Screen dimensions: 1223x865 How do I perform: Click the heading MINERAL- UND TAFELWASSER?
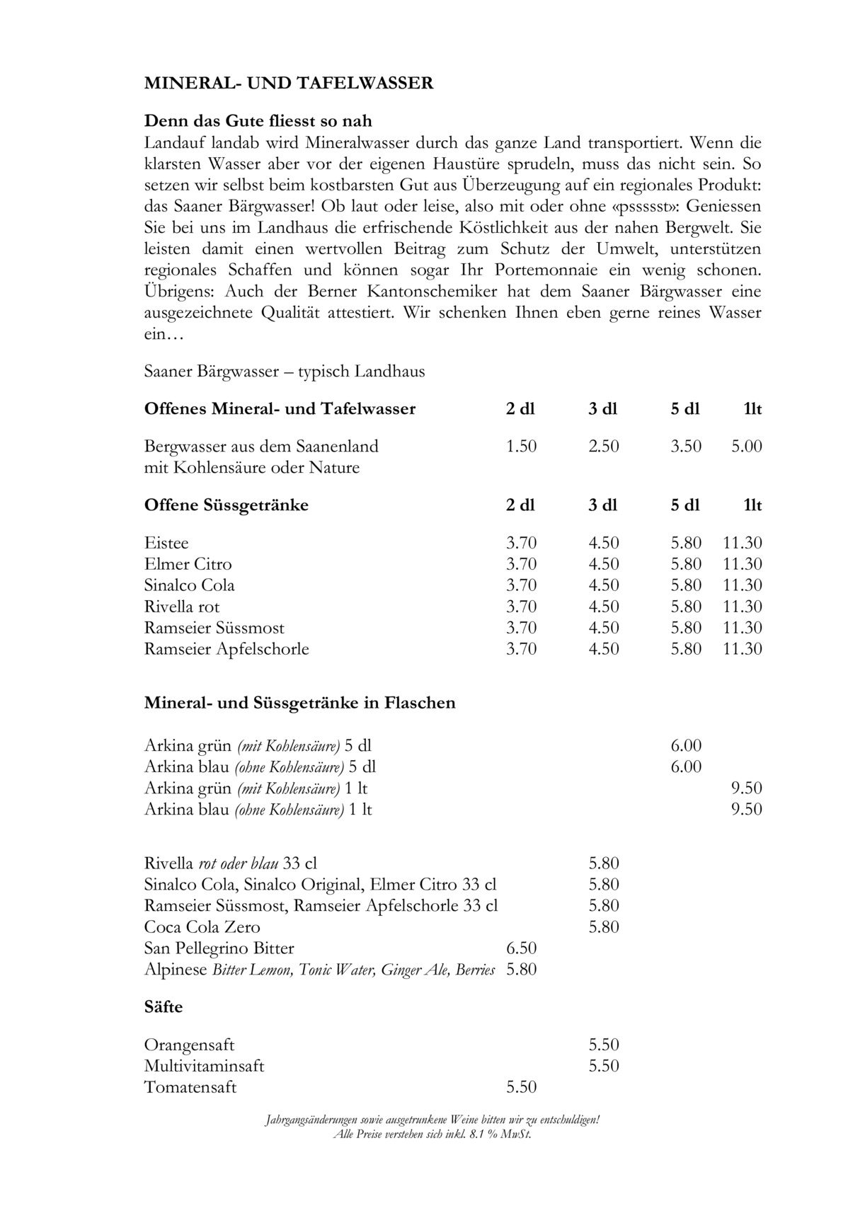pos(288,84)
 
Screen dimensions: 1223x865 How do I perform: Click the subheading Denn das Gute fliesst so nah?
pos(258,121)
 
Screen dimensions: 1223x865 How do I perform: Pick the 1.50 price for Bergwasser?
pos(522,447)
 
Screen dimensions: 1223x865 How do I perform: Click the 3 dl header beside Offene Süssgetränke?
pos(603,505)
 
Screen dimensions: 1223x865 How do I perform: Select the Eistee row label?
pos(166,544)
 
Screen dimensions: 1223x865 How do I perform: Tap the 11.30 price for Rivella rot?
pos(743,607)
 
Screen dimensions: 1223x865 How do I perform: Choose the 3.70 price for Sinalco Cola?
pos(522,585)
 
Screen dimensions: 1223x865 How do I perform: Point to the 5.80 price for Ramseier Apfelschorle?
pos(686,649)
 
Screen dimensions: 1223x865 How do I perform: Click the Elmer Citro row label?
pos(188,565)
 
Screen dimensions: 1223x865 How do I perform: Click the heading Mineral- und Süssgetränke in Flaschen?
pos(299,703)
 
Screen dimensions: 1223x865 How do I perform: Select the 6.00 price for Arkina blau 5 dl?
pos(686,766)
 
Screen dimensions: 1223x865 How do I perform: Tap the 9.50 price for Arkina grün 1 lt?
pos(747,788)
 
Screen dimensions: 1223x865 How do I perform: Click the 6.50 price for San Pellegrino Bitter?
pos(522,948)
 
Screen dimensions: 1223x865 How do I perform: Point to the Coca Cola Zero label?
pos(202,927)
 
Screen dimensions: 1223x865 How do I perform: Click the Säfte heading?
pos(164,1007)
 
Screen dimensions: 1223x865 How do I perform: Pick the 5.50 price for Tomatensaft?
pos(522,1087)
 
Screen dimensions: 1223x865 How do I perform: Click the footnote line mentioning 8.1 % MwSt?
pos(432,1135)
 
